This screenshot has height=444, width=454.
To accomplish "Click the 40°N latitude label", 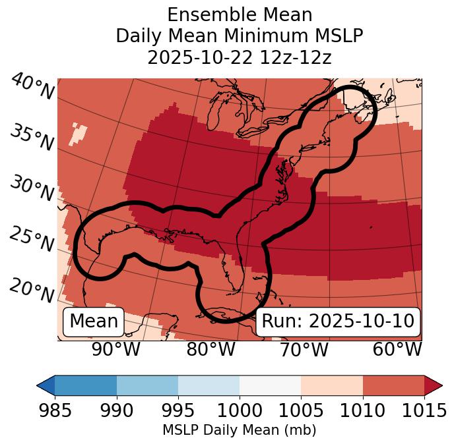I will coord(32,87).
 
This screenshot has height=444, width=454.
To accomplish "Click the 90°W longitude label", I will coord(116,349).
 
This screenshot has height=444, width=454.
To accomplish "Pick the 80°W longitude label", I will coord(211,349).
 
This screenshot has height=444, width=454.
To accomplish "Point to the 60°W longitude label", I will coord(397,349).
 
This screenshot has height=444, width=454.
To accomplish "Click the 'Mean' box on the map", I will coord(94,321).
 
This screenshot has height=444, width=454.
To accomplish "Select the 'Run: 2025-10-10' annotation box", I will coord(338,321).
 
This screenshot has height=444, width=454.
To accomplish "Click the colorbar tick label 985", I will coord(55,411).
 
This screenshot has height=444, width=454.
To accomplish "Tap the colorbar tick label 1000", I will coord(239,411).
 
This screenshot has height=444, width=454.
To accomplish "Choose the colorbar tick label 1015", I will coord(423,411).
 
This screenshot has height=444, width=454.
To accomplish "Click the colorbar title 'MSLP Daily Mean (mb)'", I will coord(239,431).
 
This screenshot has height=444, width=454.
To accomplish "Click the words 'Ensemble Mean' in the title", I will coord(239,14).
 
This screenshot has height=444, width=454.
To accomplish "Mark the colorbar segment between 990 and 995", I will coord(147,385).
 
